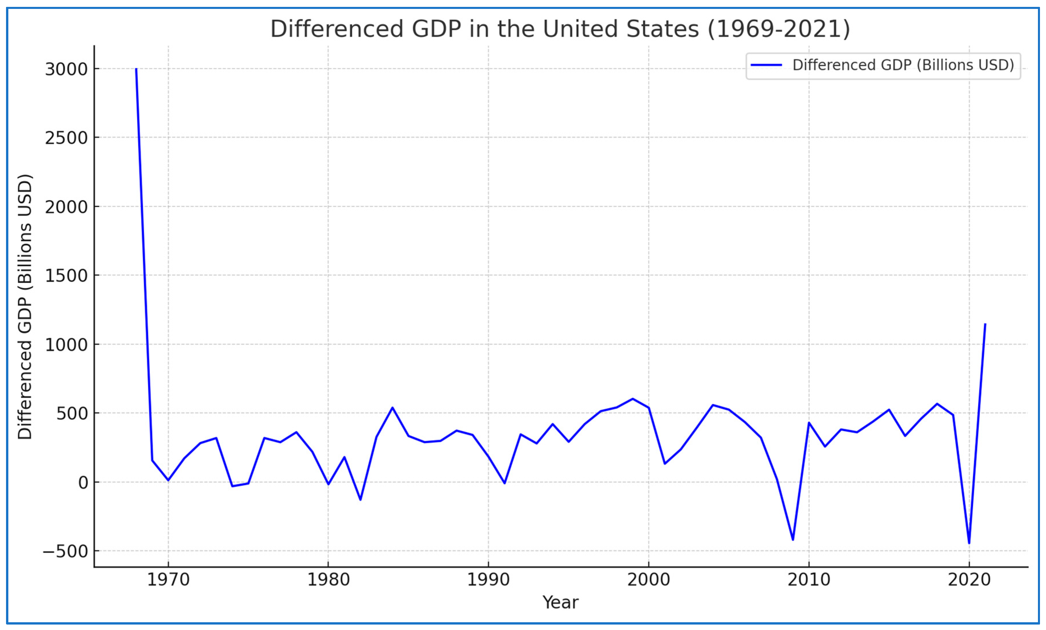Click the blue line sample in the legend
click(x=766, y=65)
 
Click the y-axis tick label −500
click(x=66, y=552)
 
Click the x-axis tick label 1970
click(x=168, y=579)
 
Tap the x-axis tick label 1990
click(x=488, y=579)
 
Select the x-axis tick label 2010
click(x=809, y=579)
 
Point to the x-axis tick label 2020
click(x=969, y=579)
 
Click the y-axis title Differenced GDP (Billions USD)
click(x=25, y=306)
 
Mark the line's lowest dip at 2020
click(x=969, y=543)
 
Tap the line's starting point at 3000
click(x=136, y=69)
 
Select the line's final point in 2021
click(x=985, y=324)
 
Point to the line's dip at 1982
click(x=360, y=500)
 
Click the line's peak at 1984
click(x=392, y=408)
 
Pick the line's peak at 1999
click(x=632, y=399)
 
